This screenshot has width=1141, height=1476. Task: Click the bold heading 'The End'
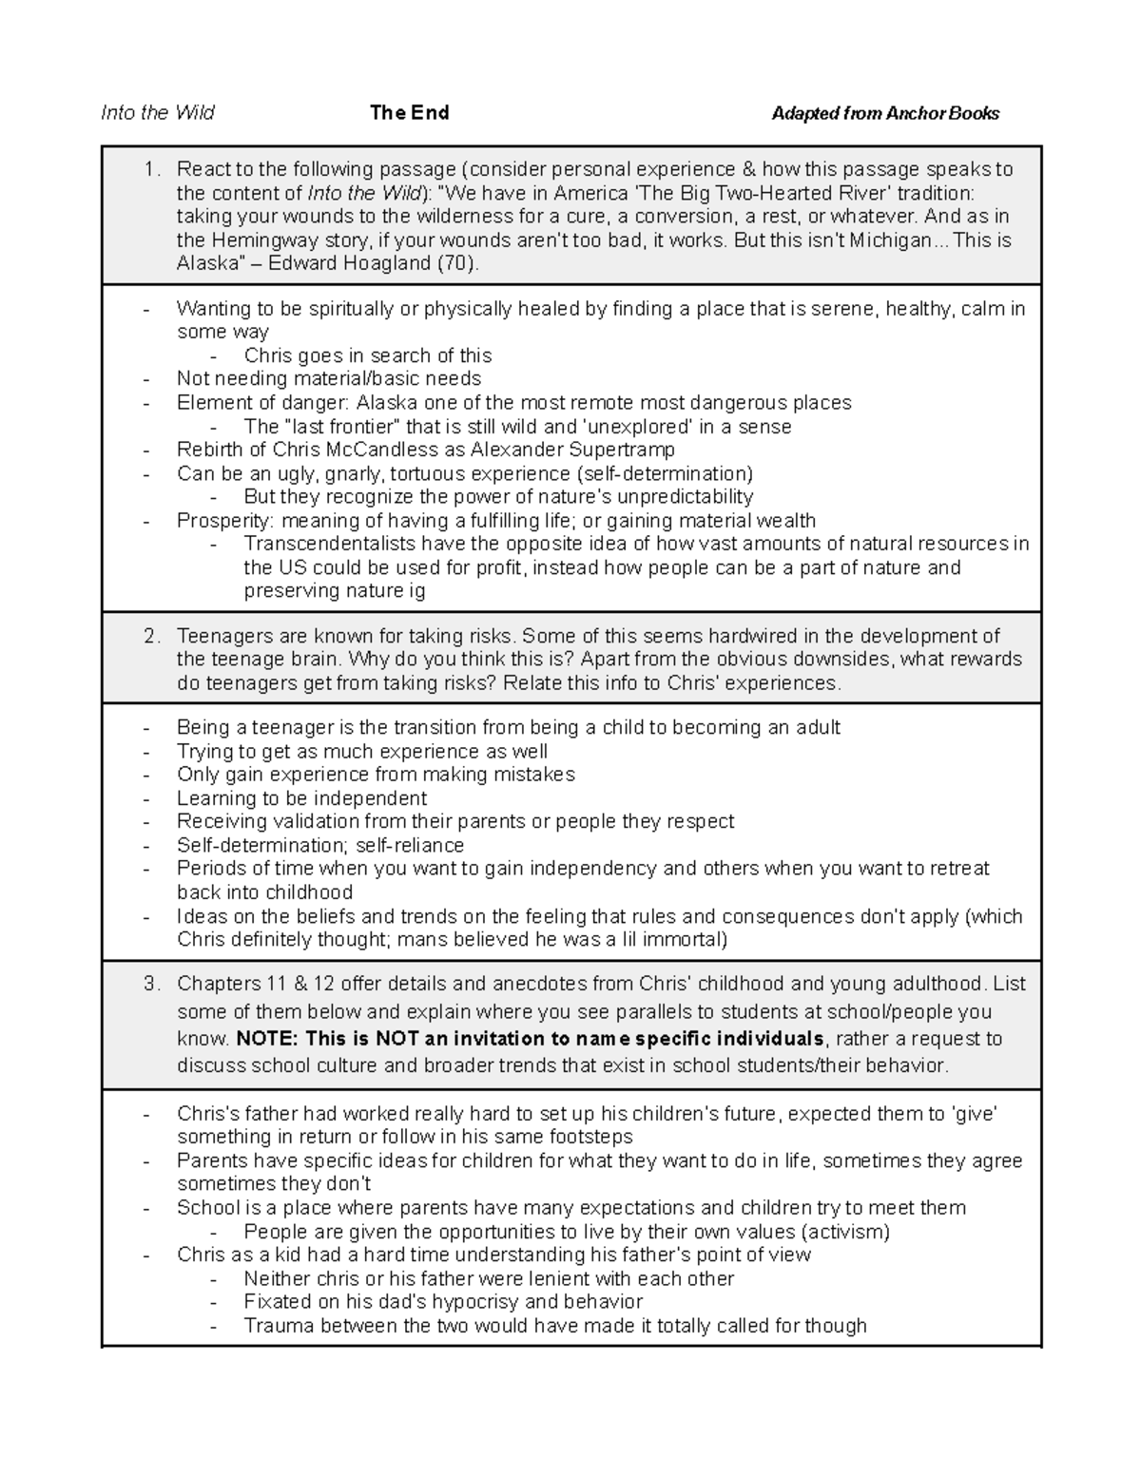(x=409, y=113)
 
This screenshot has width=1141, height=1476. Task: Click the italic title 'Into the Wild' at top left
(x=158, y=113)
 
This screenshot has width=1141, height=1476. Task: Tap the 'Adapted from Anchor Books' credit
(x=885, y=114)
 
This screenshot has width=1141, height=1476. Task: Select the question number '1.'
(x=152, y=170)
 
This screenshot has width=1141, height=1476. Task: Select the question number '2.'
(x=152, y=637)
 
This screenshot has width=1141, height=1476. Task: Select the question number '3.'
(x=152, y=985)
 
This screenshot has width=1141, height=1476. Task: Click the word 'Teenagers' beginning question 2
(x=223, y=637)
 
